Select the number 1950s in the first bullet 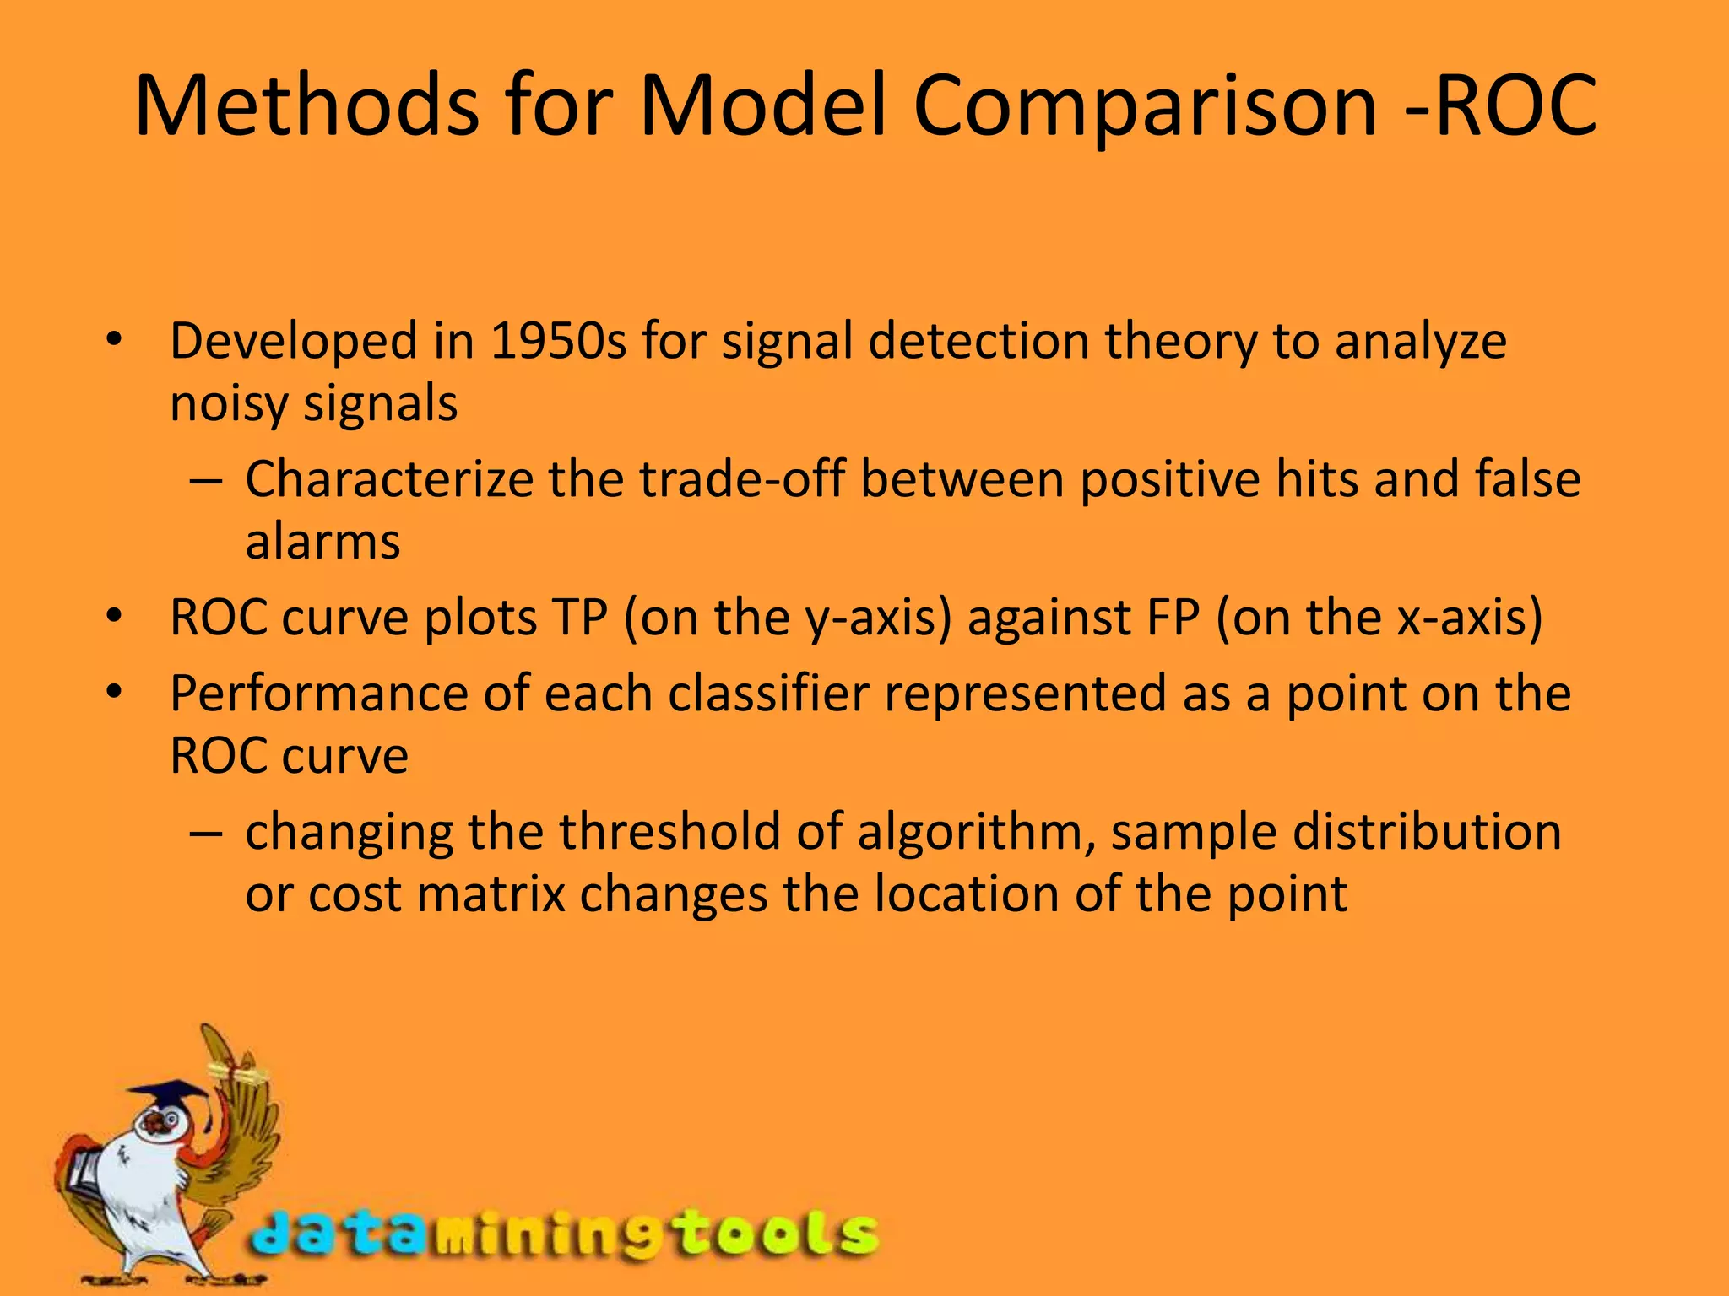pyautogui.click(x=558, y=342)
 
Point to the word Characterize pyautogui.click(x=388, y=479)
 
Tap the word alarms pyautogui.click(x=322, y=542)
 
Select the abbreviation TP pyautogui.click(x=579, y=618)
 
